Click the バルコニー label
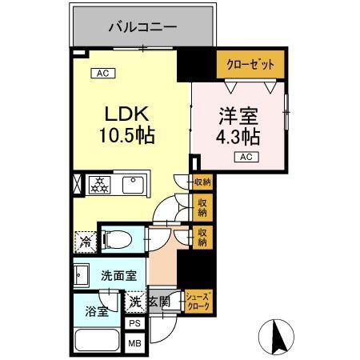click(x=143, y=27)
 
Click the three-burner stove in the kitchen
click(x=102, y=186)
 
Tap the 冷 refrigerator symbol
click(x=85, y=239)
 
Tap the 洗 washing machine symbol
click(x=136, y=302)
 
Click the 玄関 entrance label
click(x=159, y=302)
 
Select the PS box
click(x=135, y=324)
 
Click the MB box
click(x=135, y=343)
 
